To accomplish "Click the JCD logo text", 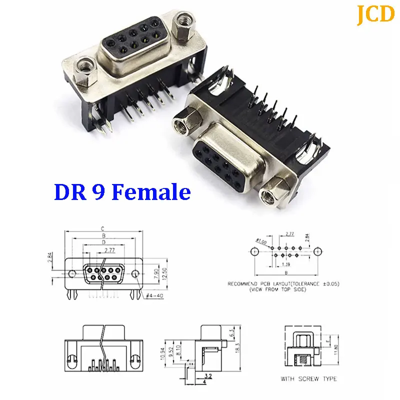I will tap(375, 14).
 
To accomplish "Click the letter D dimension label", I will tap(103, 241).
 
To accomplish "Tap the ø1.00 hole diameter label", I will tap(261, 239).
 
